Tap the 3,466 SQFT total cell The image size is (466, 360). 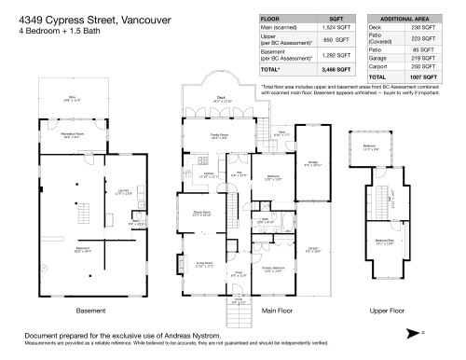coord(336,69)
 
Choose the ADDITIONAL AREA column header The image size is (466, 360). coord(406,19)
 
